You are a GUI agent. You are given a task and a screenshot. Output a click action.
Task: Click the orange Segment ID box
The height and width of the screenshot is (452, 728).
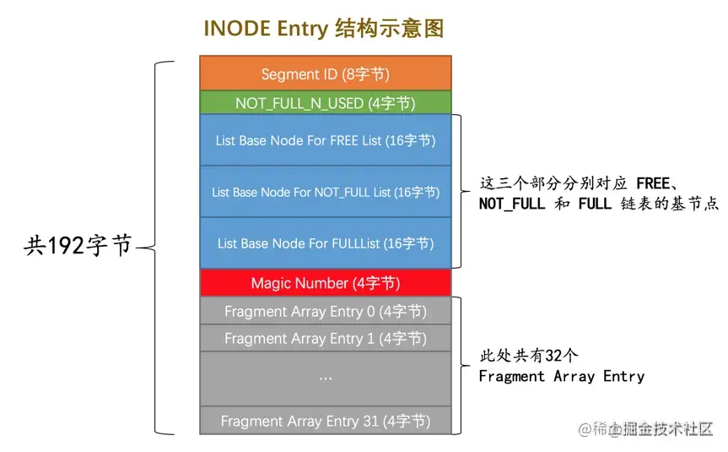pyautogui.click(x=326, y=74)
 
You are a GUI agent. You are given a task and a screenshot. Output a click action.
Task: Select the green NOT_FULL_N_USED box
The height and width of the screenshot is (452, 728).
pyautogui.click(x=326, y=103)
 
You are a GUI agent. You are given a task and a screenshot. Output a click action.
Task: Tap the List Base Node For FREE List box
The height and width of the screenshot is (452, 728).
pyautogui.click(x=326, y=140)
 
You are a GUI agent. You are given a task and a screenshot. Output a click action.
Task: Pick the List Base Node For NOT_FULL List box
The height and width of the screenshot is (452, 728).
pyautogui.click(x=326, y=192)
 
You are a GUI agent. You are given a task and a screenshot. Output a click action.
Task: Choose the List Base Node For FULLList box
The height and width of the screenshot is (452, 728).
pyautogui.click(x=326, y=243)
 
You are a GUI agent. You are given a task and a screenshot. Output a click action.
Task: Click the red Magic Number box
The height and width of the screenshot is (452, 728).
pyautogui.click(x=326, y=283)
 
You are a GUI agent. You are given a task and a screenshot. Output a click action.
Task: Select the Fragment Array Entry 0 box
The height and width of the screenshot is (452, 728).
pyautogui.click(x=326, y=311)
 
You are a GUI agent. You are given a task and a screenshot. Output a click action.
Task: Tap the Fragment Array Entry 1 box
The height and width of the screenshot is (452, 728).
pyautogui.click(x=326, y=338)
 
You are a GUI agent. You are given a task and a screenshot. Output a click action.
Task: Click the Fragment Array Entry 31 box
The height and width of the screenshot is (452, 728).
pyautogui.click(x=326, y=420)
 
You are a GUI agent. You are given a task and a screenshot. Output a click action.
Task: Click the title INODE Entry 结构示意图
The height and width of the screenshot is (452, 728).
pyautogui.click(x=324, y=28)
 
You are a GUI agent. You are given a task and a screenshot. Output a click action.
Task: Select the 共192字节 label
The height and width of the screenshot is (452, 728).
pyautogui.click(x=78, y=245)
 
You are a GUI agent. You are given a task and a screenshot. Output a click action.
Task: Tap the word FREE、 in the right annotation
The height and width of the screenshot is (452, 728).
pyautogui.click(x=664, y=182)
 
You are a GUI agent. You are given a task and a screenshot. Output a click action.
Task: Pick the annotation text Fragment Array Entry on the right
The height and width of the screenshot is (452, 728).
pyautogui.click(x=561, y=376)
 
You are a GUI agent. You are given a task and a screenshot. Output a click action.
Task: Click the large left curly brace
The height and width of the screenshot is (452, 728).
pyautogui.click(x=160, y=247)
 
